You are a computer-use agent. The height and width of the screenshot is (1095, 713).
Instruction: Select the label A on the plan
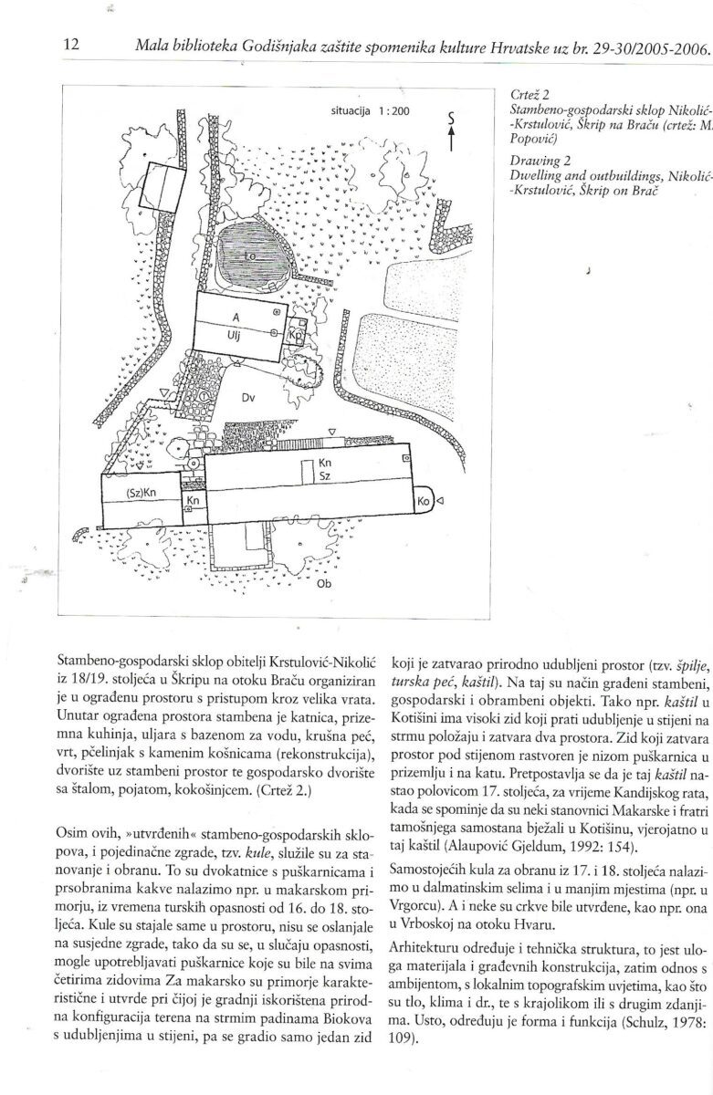point(235,317)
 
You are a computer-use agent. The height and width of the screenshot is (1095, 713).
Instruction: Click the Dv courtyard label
point(247,398)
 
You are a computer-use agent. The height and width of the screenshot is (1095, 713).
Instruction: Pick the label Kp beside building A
point(295,335)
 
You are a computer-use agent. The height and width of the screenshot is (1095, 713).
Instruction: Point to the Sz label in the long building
point(325,477)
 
